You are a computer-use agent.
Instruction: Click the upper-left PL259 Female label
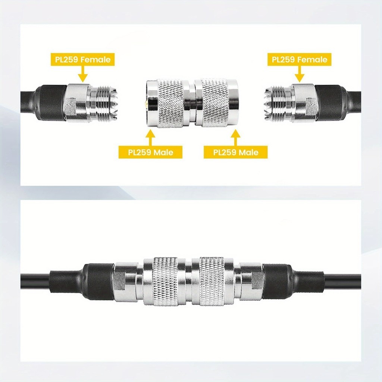82,59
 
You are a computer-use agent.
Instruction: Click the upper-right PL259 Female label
300,59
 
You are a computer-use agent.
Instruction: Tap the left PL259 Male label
151,152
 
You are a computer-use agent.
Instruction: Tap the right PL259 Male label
236,152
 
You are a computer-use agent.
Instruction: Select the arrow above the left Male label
151,138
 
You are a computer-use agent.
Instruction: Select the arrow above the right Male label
236,138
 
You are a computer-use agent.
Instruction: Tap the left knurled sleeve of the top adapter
170,103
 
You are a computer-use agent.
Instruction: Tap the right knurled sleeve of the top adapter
215,103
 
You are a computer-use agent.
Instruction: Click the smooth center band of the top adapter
192,103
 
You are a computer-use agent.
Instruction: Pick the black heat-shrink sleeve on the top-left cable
53,103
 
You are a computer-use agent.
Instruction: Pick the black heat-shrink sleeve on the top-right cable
331,103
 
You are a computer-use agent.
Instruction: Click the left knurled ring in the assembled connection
165,281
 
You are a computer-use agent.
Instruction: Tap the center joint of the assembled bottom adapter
189,281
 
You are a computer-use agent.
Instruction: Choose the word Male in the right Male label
247,152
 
